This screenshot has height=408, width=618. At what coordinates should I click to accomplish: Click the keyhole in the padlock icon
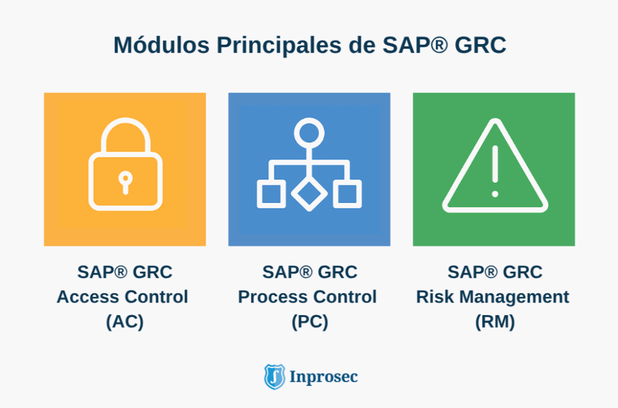pos(125,181)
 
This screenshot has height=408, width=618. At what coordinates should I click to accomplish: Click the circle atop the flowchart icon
pos(309,131)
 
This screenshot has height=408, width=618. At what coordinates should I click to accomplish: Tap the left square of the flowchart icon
pos(271,194)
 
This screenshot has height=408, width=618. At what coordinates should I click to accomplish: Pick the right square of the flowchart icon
pos(347,194)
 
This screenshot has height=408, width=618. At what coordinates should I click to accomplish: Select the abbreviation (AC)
pos(125,322)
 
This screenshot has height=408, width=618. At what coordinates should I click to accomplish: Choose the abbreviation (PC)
pos(310,322)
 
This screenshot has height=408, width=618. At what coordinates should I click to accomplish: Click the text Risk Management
pos(492,297)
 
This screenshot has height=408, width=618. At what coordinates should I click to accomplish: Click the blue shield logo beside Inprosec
pos(275,377)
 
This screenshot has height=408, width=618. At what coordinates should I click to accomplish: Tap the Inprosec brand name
pos(323,377)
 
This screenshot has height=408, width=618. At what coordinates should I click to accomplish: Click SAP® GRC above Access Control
pos(125,272)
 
